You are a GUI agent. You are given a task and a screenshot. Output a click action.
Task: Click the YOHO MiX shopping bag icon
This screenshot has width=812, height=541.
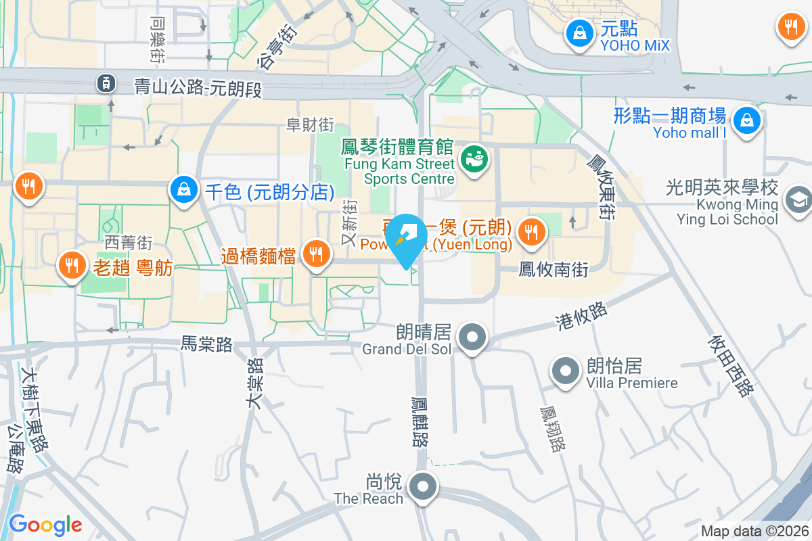579,32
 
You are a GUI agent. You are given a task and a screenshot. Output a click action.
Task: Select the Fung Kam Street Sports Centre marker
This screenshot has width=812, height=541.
474,160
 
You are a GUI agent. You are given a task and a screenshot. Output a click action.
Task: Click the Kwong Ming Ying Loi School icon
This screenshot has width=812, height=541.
798,199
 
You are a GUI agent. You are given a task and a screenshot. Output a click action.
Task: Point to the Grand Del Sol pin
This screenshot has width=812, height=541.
472,336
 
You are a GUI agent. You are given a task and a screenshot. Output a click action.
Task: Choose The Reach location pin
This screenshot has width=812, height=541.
424,486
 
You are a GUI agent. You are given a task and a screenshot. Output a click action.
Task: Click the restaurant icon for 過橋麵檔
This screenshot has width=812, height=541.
315,254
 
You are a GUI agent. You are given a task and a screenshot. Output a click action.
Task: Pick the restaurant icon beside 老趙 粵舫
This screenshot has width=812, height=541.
70,263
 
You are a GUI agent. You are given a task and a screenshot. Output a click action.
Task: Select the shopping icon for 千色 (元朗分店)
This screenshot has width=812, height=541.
184,189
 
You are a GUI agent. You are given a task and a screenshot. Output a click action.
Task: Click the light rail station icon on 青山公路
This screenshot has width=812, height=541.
106,83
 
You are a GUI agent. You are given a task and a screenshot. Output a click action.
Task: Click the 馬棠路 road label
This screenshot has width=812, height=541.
206,345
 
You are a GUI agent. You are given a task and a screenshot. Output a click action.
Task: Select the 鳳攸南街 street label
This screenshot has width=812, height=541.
554,270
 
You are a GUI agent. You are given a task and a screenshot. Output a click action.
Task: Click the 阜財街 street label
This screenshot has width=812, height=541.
311,124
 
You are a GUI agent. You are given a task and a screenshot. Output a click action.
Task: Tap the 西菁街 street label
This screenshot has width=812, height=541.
128,241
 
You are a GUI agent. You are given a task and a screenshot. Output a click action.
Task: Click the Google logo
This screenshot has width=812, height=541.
45,524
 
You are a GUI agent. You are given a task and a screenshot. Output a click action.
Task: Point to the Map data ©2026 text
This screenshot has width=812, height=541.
754,532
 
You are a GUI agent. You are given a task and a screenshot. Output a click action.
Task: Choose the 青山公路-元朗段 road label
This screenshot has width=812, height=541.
198,87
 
